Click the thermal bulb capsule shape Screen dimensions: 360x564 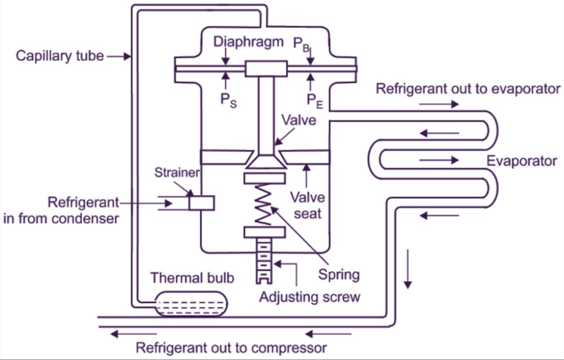pos(191,304)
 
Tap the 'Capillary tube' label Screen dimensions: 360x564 pos(60,56)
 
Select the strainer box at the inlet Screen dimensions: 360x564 pos(202,203)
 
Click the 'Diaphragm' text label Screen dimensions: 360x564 pos(249,42)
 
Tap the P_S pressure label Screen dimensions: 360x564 pos(228,101)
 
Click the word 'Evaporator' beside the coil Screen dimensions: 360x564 pos(522,161)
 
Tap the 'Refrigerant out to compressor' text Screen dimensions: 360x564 pos(231,348)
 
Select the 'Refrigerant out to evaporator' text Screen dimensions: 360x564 pos(468,88)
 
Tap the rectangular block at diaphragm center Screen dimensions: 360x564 pos(266,69)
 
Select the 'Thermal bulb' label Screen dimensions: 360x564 pos(192,278)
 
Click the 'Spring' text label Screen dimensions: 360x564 pos(339,274)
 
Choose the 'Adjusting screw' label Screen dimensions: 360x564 pos(310,297)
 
